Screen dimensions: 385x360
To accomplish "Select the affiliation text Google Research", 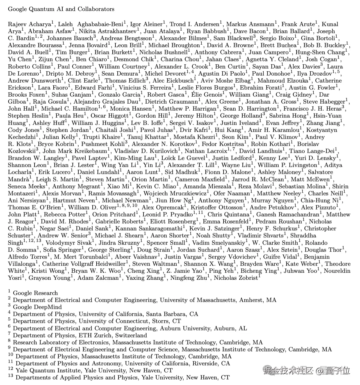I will tap(35, 293).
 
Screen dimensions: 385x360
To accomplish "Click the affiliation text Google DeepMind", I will tap(37, 307).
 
